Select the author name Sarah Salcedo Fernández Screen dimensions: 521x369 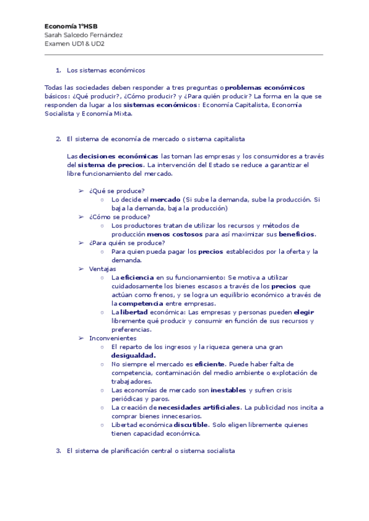tap(84, 35)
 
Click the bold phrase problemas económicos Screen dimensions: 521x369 tap(265, 88)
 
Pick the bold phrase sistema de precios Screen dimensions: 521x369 tap(108, 165)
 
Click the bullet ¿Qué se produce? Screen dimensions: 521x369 tap(117, 190)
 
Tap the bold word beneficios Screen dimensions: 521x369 tap(296, 234)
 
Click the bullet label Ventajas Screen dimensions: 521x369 tap(102, 269)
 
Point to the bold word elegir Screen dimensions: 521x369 tap(304, 312)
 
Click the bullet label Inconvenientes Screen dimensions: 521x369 tap(113, 338)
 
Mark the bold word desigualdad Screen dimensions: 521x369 tap(133, 355)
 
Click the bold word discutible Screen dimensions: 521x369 tap(191, 425)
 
